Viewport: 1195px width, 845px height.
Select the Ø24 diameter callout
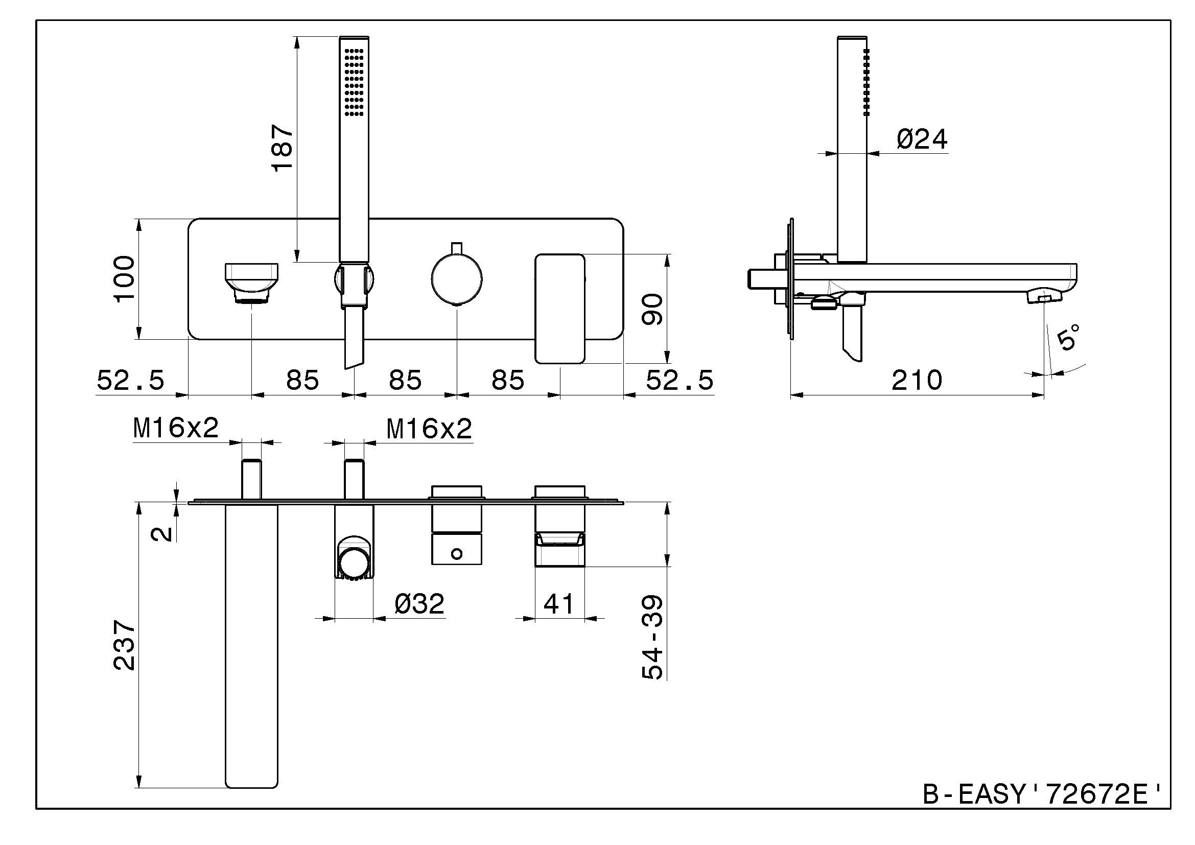(x=922, y=139)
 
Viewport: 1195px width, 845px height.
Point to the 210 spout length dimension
(x=917, y=381)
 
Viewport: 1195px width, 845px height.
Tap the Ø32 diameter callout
(x=419, y=603)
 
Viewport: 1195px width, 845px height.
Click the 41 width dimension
(x=558, y=603)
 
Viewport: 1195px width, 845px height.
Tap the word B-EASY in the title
(x=973, y=794)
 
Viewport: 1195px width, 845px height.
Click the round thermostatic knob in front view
(x=456, y=278)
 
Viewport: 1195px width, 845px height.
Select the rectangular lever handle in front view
(x=560, y=308)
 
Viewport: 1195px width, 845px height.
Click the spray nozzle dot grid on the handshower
(x=354, y=82)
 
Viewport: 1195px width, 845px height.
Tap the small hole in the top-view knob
(x=456, y=554)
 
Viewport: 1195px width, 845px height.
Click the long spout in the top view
(x=252, y=645)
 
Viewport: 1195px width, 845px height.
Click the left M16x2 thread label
(x=176, y=429)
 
